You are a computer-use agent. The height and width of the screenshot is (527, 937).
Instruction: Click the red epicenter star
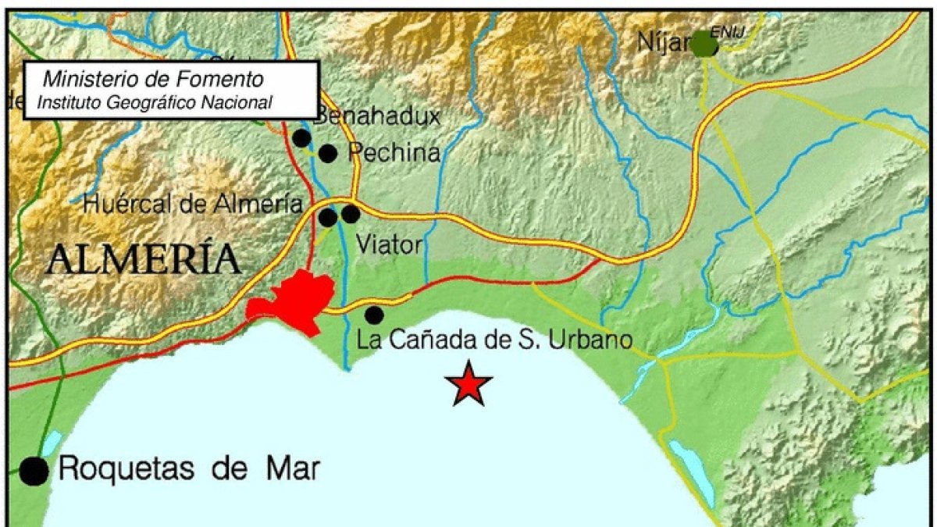point(468,383)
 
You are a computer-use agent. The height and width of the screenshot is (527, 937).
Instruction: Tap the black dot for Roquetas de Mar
point(34,470)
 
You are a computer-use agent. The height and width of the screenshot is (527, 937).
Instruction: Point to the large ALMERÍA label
point(143,259)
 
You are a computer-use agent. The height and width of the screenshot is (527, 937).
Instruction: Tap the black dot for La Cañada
point(374,315)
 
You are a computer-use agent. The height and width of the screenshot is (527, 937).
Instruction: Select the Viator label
point(389,245)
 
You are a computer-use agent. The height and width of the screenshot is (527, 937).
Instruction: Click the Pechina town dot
point(328,153)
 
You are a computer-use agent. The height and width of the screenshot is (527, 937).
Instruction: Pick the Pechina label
point(394,153)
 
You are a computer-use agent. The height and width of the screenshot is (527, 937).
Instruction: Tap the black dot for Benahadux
point(301,138)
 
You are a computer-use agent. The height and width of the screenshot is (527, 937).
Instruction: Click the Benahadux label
point(378,117)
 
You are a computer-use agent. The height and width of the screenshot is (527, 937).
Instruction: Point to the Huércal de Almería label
point(192,205)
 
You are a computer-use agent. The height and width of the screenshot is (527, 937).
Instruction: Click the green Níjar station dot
point(704,44)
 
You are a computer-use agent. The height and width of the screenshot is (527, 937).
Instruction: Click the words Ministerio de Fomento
point(153,79)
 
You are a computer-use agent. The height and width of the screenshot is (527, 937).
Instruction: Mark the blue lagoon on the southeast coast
point(690,472)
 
